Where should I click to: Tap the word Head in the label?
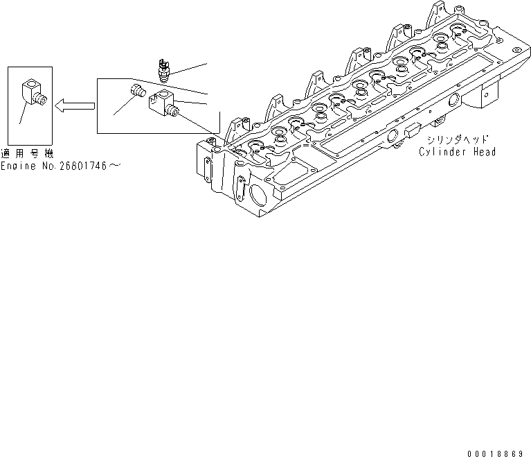point(483,152)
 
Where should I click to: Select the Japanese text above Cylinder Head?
point(452,139)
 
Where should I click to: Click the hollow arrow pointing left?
point(74,105)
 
